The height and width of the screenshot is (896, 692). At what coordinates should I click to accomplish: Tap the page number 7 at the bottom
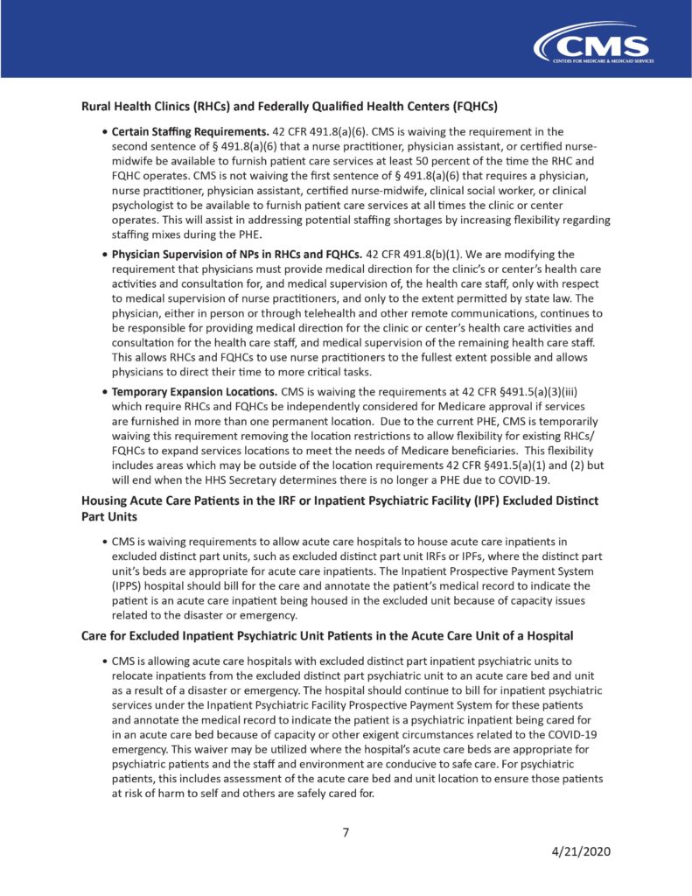[346, 832]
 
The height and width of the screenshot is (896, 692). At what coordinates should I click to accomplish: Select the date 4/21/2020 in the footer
[581, 851]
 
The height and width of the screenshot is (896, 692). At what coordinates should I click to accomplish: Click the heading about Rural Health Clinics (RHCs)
[289, 108]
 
